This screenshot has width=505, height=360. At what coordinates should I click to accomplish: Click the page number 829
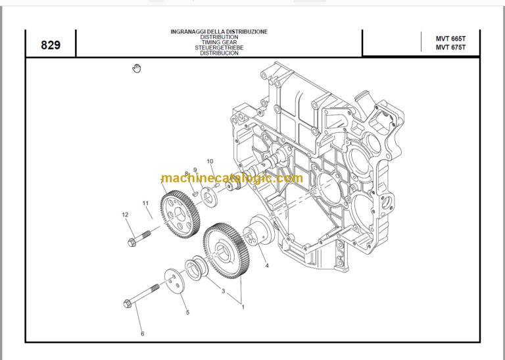click(51, 45)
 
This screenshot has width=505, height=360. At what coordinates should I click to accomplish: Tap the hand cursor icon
click(137, 68)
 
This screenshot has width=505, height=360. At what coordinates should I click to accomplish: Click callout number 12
click(125, 215)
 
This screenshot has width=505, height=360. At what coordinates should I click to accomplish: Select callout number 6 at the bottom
click(142, 334)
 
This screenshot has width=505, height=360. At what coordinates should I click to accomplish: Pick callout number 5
click(187, 313)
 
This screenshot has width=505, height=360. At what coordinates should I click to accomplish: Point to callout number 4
click(267, 266)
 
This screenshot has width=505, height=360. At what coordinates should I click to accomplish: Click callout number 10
click(210, 161)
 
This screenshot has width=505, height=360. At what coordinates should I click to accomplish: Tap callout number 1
click(242, 307)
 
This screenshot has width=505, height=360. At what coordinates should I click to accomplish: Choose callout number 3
click(223, 291)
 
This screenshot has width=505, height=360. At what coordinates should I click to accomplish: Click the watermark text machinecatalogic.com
click(232, 178)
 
